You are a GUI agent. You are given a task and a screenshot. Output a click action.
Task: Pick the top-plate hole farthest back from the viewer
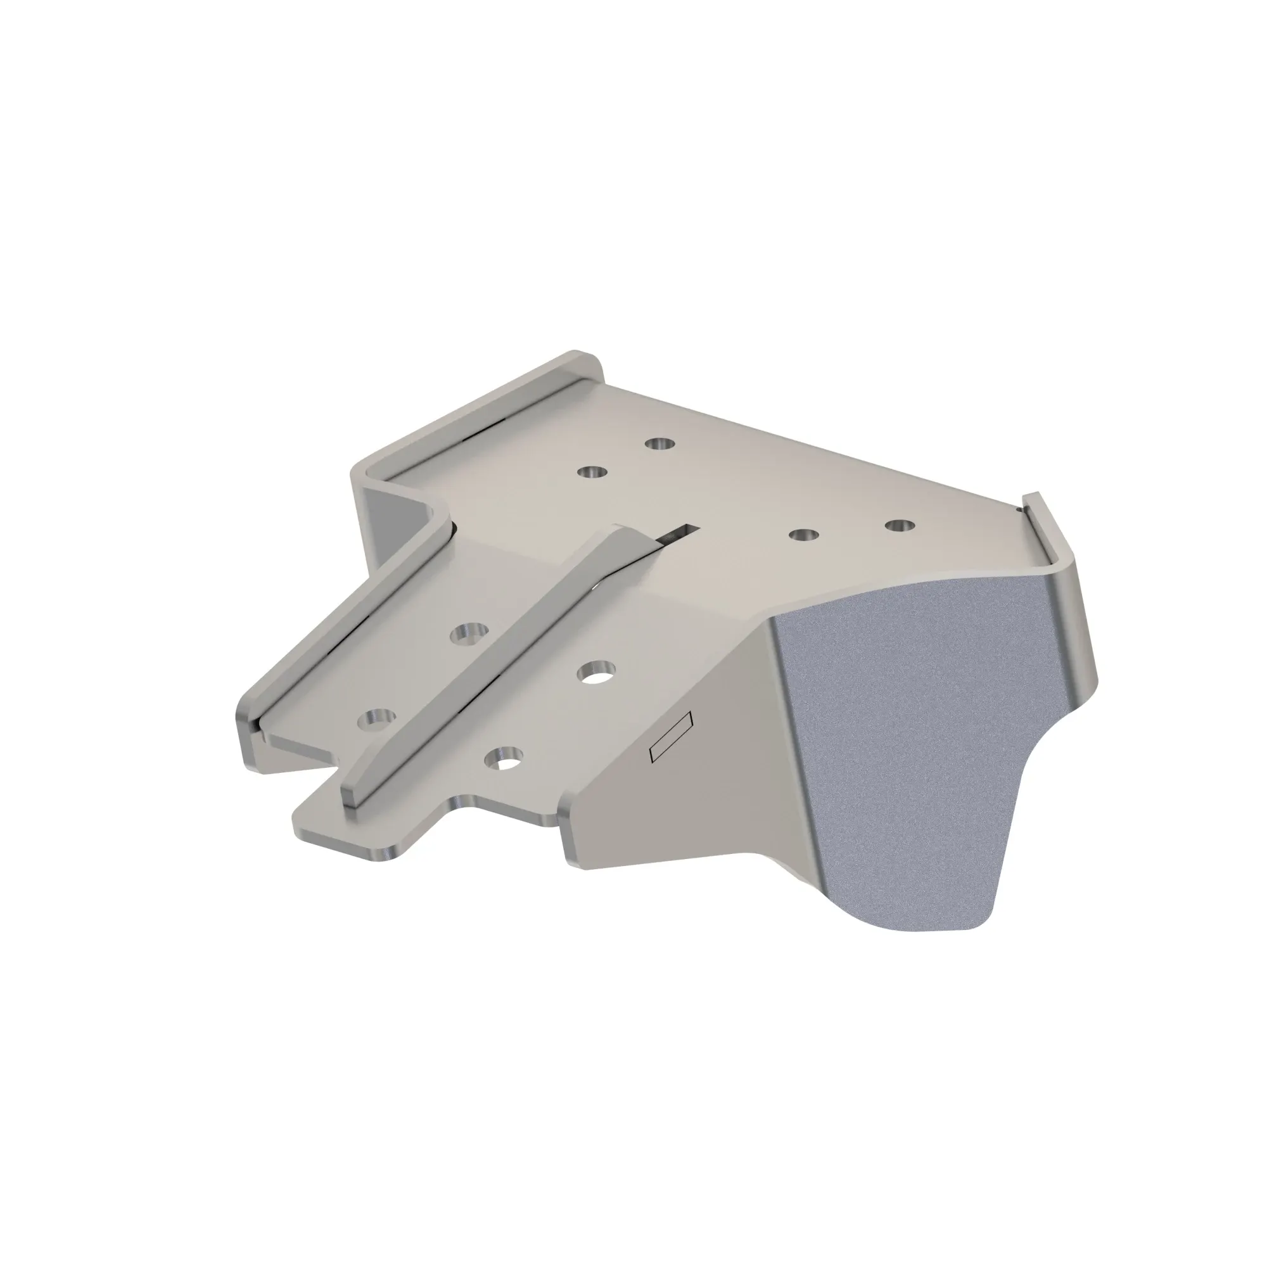pyautogui.click(x=659, y=444)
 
